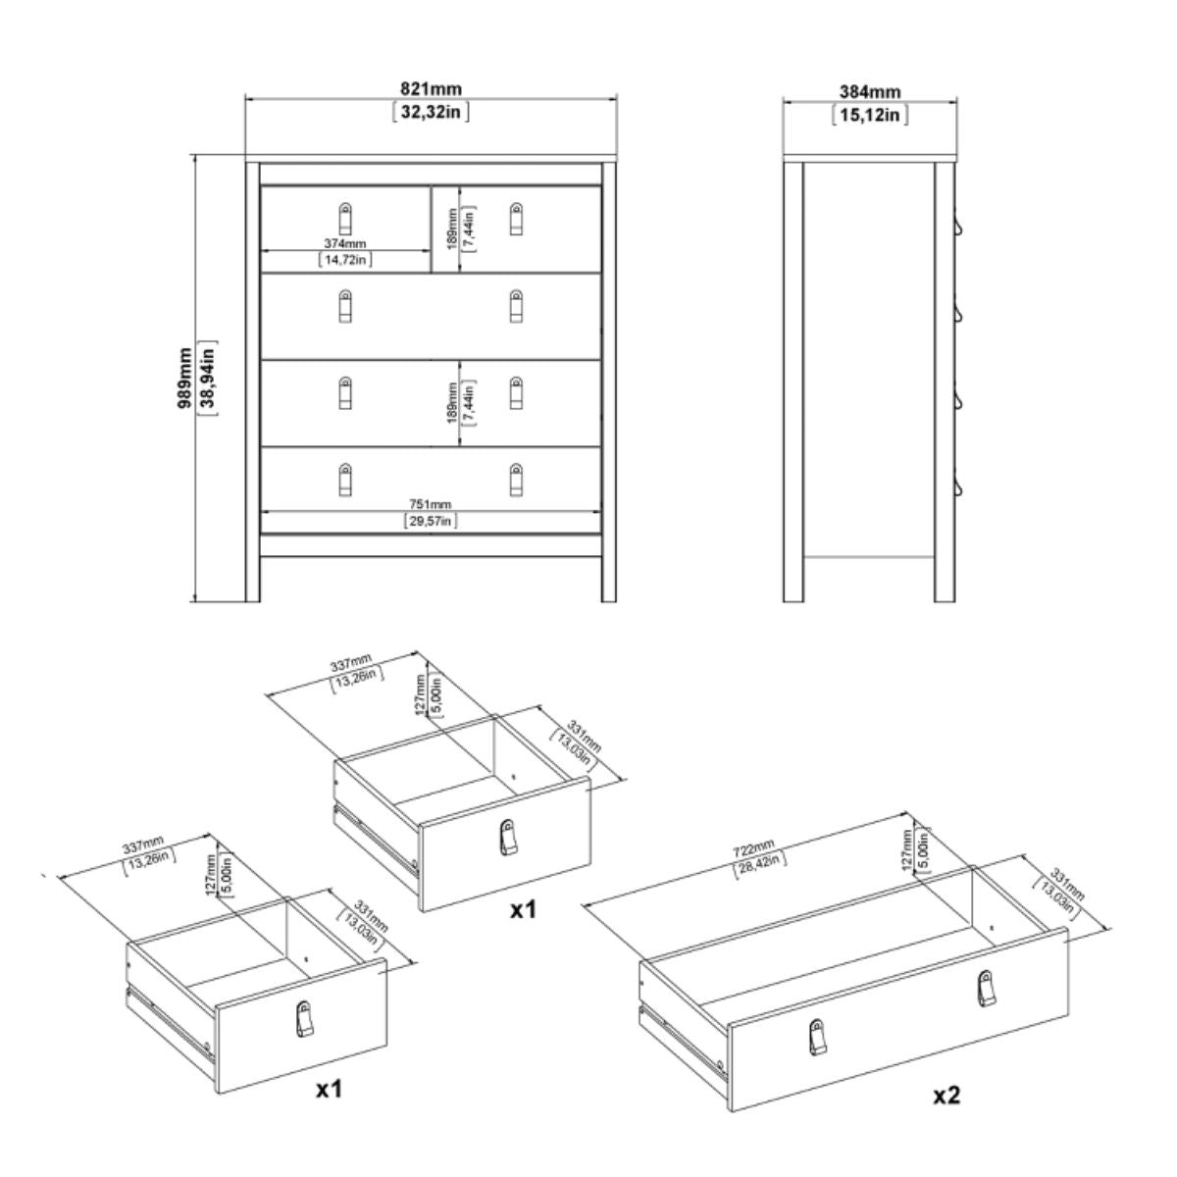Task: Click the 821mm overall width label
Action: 431,90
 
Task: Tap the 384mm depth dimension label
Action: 869,93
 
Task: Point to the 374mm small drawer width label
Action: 345,243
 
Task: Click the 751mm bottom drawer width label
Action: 430,504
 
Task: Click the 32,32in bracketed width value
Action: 431,112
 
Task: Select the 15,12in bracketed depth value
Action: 869,115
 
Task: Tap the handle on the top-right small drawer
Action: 517,218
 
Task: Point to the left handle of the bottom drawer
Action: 344,481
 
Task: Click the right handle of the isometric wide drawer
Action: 984,988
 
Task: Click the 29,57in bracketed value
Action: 430,521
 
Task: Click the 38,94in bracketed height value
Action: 207,378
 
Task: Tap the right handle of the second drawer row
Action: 517,306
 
